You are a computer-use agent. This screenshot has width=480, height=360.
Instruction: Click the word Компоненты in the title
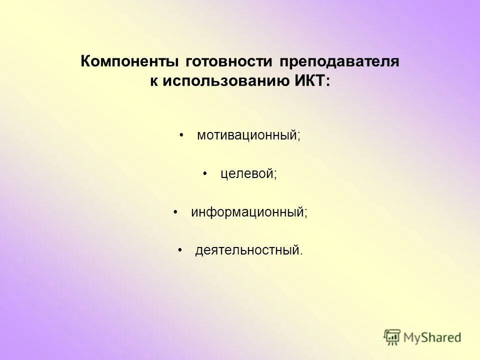click(130, 62)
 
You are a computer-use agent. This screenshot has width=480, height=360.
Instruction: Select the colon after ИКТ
click(327, 82)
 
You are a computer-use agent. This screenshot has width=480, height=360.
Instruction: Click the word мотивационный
click(247, 135)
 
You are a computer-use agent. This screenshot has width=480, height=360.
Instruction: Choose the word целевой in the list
click(246, 174)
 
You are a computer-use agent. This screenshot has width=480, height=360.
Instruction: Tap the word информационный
click(247, 212)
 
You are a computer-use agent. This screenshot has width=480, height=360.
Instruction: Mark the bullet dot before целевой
click(205, 174)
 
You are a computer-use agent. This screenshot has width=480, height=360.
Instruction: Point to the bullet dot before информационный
click(175, 212)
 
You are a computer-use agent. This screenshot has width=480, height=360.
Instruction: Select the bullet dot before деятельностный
click(180, 249)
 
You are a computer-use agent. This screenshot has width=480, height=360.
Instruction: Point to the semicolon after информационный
click(306, 214)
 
